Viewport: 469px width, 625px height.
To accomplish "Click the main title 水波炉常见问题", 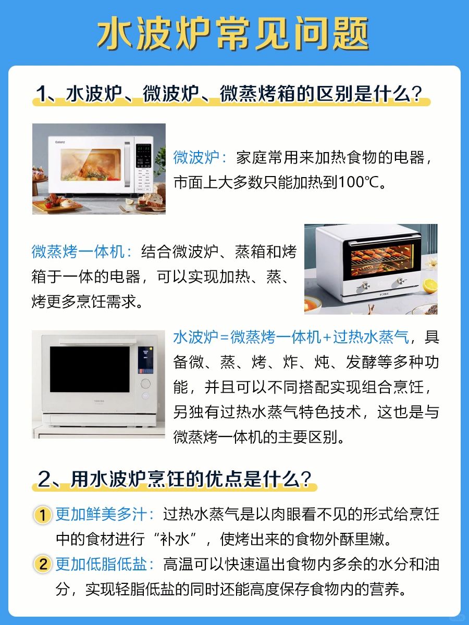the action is (x=233, y=34).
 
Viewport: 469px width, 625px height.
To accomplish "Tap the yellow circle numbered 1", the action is (x=43, y=515).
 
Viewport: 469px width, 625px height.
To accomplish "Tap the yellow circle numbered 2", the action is (x=43, y=564).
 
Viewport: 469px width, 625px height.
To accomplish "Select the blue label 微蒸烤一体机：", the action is (x=82, y=252).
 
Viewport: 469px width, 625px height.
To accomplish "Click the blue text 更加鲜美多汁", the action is (x=101, y=515).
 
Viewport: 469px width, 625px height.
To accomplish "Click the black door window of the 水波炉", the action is (x=90, y=369).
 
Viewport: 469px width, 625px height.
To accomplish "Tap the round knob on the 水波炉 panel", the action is (x=145, y=383).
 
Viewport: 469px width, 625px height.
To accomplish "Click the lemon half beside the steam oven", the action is (x=430, y=286).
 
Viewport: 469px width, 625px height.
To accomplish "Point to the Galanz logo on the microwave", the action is (x=60, y=142).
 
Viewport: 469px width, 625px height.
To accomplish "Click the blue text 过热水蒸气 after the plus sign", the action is (x=371, y=337).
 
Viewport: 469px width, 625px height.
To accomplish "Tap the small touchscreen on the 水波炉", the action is (x=145, y=360).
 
